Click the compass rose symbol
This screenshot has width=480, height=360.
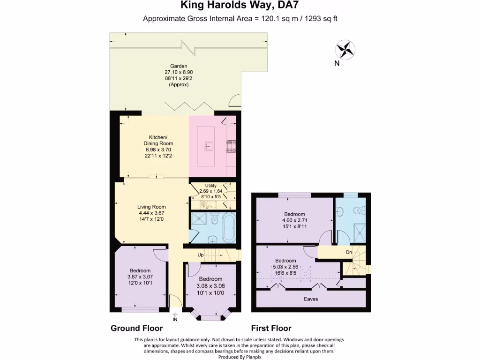345,50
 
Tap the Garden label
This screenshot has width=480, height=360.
179,66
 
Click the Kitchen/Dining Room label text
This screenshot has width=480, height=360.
158,140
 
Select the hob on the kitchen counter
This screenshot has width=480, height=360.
231,146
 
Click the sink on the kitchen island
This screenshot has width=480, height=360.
209,146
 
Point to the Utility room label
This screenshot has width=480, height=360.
210,186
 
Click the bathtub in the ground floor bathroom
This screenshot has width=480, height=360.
229,227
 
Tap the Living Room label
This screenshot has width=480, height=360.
151,207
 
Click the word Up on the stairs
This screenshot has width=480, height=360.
201,255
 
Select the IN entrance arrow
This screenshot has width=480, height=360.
175,317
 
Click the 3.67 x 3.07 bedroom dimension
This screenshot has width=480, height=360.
140,277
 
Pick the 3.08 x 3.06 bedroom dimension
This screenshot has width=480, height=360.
210,286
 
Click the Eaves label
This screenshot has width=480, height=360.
311,299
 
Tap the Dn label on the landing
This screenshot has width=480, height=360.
349,252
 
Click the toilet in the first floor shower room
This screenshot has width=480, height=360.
359,210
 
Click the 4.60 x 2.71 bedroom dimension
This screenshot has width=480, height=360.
294,220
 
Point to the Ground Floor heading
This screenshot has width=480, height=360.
136,328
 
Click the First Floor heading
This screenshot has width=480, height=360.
271,328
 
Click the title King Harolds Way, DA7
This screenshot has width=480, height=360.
240,5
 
